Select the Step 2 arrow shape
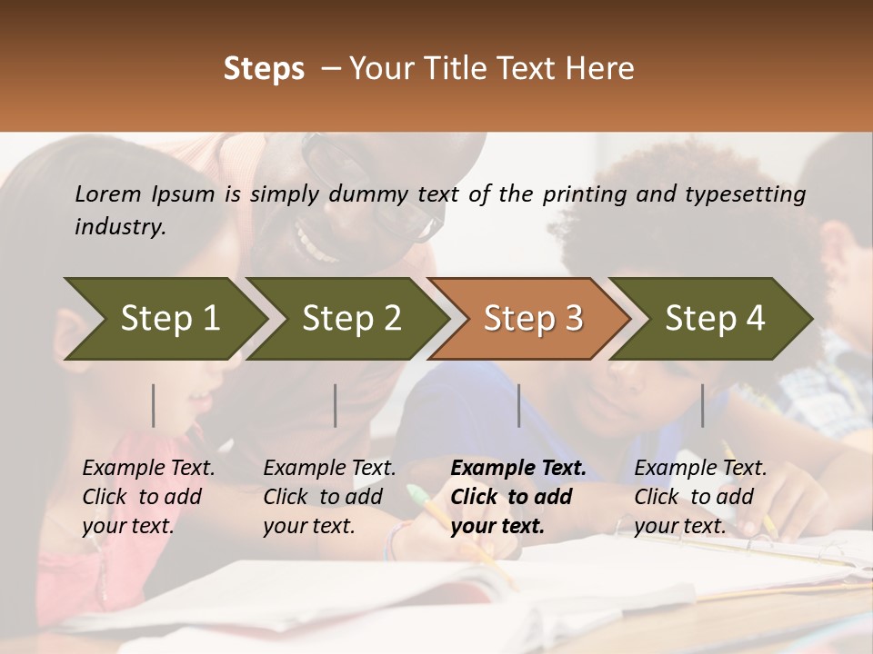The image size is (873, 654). pyautogui.click(x=351, y=318)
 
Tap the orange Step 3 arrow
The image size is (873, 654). pyautogui.click(x=533, y=318)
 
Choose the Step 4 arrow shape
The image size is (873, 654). pyautogui.click(x=715, y=318)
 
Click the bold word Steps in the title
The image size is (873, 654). pyautogui.click(x=264, y=69)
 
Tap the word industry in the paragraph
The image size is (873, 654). pyautogui.click(x=120, y=226)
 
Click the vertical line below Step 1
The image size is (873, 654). pyautogui.click(x=154, y=405)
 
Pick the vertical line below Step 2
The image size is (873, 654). pyautogui.click(x=336, y=405)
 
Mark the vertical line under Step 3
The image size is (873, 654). pyautogui.click(x=519, y=405)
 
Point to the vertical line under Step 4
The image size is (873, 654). pyautogui.click(x=702, y=405)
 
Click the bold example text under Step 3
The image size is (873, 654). pyautogui.click(x=517, y=497)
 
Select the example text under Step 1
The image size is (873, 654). pyautogui.click(x=148, y=497)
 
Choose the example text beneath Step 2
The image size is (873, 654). pyautogui.click(x=329, y=497)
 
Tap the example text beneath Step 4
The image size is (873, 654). pyautogui.click(x=700, y=497)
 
